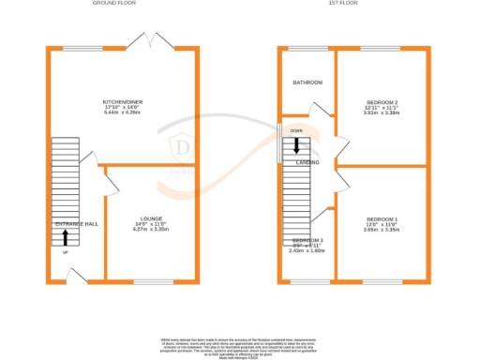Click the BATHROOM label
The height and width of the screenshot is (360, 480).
pos(306,82)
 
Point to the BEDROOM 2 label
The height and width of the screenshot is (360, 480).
pos(382,100)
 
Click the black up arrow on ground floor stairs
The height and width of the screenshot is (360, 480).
pos(65,236)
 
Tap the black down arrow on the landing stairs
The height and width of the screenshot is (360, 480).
pos(297,145)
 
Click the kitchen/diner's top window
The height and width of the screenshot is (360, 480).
pos(90,48)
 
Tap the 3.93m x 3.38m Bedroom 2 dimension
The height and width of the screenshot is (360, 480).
pos(382,112)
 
